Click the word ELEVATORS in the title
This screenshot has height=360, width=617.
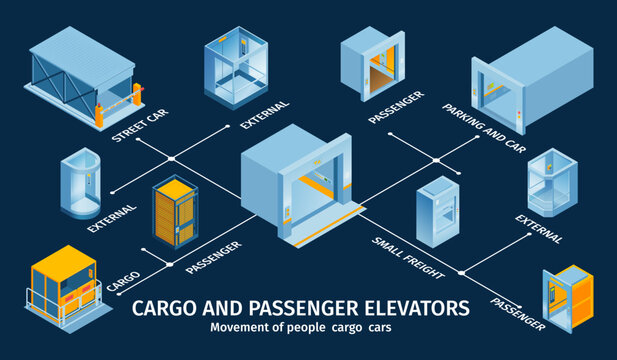[409, 306]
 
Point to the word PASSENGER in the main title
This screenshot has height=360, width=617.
[289, 306]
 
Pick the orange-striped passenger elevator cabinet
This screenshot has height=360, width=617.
[174, 214]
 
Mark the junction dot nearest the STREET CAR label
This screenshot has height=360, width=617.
[171, 158]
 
